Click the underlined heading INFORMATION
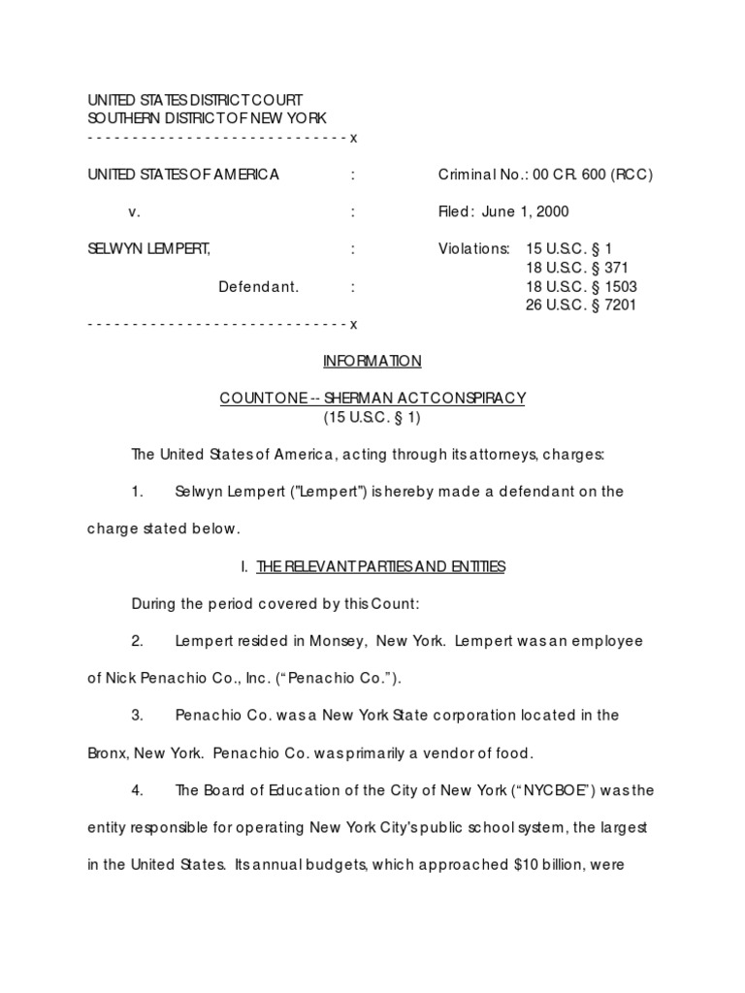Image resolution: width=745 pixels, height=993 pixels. point(372,361)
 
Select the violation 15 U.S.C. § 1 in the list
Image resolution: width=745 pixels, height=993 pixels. point(570,248)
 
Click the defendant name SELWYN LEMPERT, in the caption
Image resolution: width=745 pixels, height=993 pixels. point(149,248)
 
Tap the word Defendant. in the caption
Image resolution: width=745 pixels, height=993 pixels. point(259,286)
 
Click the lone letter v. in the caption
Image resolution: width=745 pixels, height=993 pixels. point(135,211)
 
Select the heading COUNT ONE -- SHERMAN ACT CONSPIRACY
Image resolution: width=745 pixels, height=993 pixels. point(372,398)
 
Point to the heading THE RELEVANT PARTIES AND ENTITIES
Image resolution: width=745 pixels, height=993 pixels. point(380,566)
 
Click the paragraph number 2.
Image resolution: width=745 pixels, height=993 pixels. point(138,641)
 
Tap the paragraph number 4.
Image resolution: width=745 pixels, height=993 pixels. point(138,789)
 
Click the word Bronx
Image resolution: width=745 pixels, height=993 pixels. point(108,753)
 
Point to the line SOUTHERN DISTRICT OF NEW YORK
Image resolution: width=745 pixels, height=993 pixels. point(208,118)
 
